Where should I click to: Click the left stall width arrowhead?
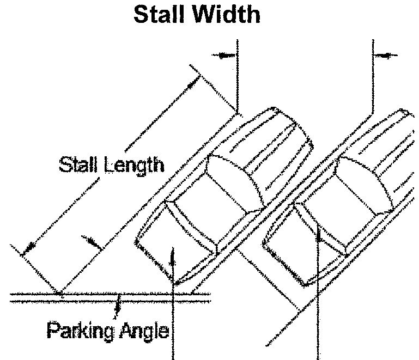tap(227, 55)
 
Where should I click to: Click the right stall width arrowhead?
tap(382, 54)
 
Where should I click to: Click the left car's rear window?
tap(191, 223)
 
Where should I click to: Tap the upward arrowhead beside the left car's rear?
tap(173, 252)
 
